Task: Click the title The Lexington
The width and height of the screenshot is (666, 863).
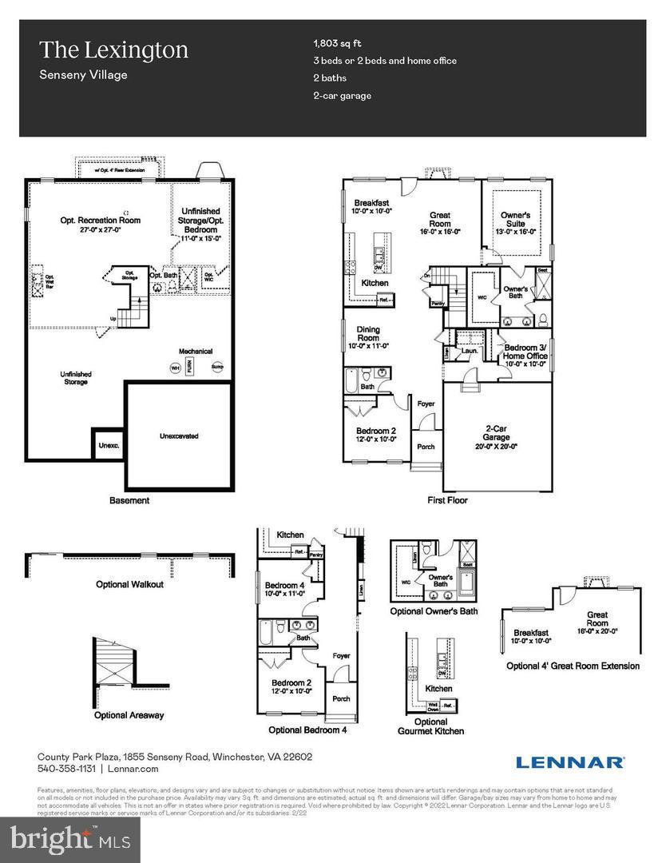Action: (113, 50)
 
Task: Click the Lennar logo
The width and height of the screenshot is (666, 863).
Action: (569, 762)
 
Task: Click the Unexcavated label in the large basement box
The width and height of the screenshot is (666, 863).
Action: (179, 436)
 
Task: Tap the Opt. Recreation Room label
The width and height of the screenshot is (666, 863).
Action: (101, 225)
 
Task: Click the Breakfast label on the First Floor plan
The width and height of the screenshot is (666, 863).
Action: (371, 207)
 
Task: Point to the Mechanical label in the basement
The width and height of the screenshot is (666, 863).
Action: (195, 351)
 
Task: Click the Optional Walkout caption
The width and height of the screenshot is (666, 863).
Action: (129, 584)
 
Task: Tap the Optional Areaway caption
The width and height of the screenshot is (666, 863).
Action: (129, 715)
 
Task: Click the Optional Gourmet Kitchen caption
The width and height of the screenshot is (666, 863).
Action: (430, 726)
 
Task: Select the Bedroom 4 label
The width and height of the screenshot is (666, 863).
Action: (284, 590)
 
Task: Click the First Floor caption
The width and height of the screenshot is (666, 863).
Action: (447, 500)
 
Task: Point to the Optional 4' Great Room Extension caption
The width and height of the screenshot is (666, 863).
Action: (573, 666)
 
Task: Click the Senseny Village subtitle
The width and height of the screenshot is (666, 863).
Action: (83, 75)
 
